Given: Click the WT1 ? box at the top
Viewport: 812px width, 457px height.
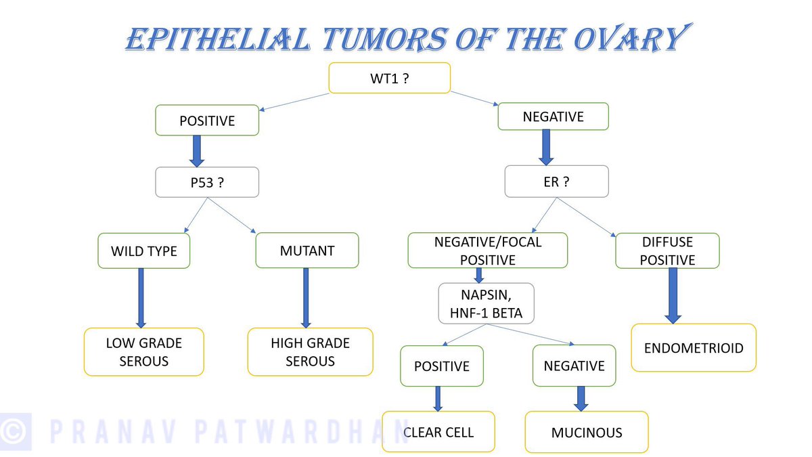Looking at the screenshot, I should [x=389, y=78].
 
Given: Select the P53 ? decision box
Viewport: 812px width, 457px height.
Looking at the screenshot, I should [x=207, y=182].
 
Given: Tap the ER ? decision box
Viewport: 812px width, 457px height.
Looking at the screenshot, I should [x=556, y=181].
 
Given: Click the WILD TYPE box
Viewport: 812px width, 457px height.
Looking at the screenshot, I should [x=143, y=251].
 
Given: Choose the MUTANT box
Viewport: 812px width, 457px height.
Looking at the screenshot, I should [x=307, y=251].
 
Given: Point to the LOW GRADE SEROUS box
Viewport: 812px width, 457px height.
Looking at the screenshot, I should [x=143, y=351].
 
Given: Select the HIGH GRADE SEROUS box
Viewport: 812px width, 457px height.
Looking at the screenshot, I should [x=310, y=351].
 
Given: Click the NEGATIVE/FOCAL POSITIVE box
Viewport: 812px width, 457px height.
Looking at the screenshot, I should [x=487, y=251].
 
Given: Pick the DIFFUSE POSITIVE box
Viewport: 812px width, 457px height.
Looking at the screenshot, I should [x=667, y=251].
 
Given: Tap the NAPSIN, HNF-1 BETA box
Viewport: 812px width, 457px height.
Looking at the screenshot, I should [x=486, y=303].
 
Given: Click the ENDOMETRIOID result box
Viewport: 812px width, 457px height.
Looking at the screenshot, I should [x=693, y=348].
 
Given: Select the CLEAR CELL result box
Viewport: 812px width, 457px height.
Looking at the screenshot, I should [x=438, y=432].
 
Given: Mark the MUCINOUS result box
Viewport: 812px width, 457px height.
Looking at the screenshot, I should [x=586, y=432].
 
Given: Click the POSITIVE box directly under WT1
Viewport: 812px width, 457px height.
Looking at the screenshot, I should [x=207, y=121].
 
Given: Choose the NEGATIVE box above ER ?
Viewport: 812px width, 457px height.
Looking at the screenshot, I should [x=553, y=116].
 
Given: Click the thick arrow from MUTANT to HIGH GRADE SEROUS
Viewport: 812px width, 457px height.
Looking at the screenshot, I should [x=306, y=297].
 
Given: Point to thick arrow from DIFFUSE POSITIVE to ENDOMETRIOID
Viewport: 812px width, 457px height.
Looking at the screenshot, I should [x=672, y=295].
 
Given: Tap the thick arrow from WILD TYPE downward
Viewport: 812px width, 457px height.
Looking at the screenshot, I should [x=141, y=297].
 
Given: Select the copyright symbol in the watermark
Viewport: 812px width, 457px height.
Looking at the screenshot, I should [x=16, y=431].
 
